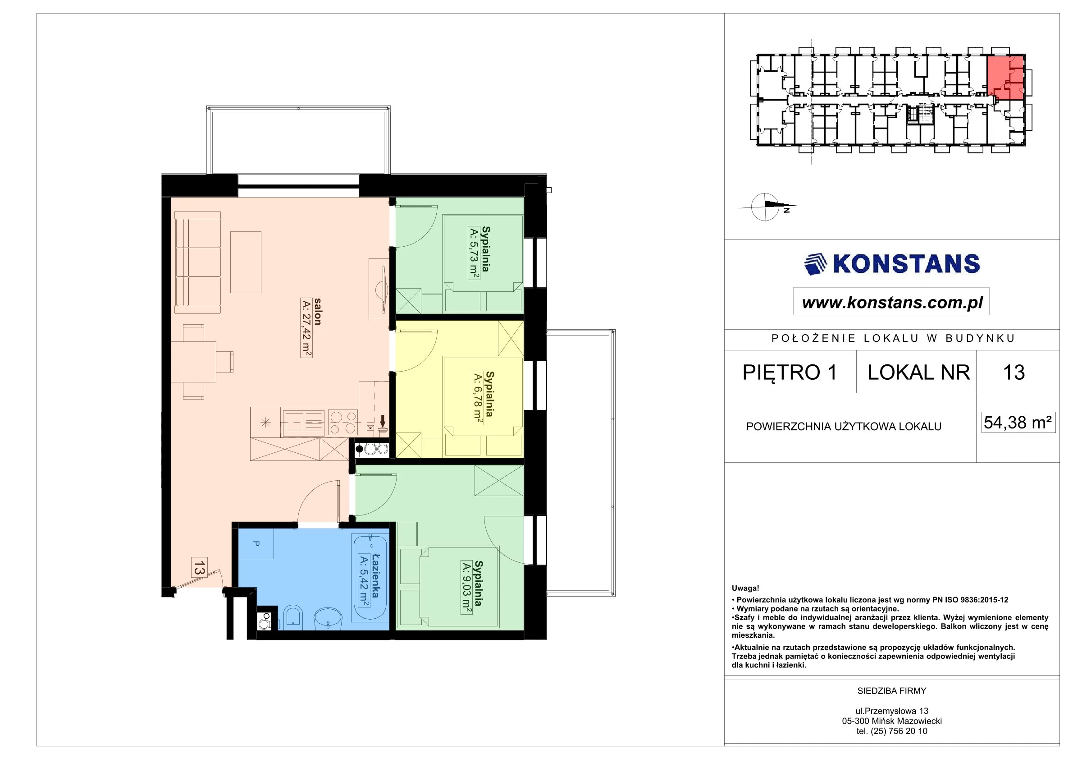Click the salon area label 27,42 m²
(x=306, y=328)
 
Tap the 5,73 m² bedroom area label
(x=474, y=253)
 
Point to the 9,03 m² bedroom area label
(x=466, y=587)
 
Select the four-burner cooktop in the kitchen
(x=343, y=422)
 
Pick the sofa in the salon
(x=197, y=262)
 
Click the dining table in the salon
(x=193, y=362)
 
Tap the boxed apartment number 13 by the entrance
(x=199, y=568)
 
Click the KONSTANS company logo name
(x=906, y=264)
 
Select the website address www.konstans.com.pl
(x=893, y=303)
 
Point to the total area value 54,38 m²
(x=1018, y=423)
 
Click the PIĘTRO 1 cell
(x=790, y=372)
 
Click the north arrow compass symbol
(x=767, y=206)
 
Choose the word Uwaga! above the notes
(x=745, y=589)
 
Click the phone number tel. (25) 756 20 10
(x=892, y=731)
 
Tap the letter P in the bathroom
(x=256, y=543)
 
